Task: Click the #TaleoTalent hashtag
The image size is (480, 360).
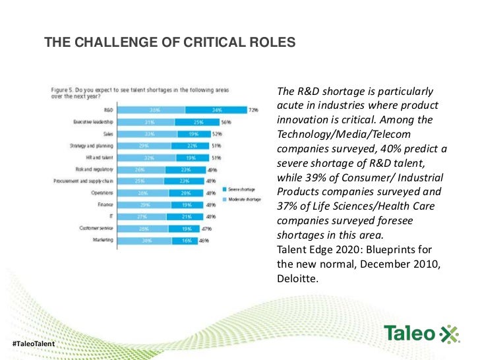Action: pos(32,345)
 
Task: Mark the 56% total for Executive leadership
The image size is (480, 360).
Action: pos(225,122)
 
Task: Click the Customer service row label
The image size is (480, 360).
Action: pos(94,229)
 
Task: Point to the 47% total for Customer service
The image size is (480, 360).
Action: pos(206,229)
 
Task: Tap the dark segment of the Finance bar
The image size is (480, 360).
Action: pos(187,205)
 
